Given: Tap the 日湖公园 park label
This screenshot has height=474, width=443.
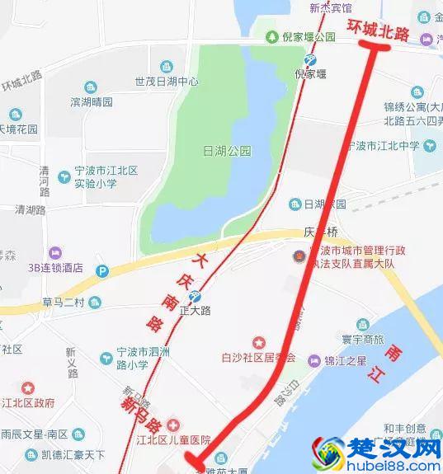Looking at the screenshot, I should click(226, 151).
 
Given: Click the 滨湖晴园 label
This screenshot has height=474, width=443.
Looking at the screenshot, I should click(91, 102).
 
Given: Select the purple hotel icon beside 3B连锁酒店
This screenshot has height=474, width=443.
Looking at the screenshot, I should click(55, 252).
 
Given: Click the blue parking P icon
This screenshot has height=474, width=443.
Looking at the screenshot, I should click(102, 270).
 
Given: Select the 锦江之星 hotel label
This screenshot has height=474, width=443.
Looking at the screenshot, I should click(349, 360).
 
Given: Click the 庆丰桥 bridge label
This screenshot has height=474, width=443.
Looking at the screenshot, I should click(317, 232).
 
